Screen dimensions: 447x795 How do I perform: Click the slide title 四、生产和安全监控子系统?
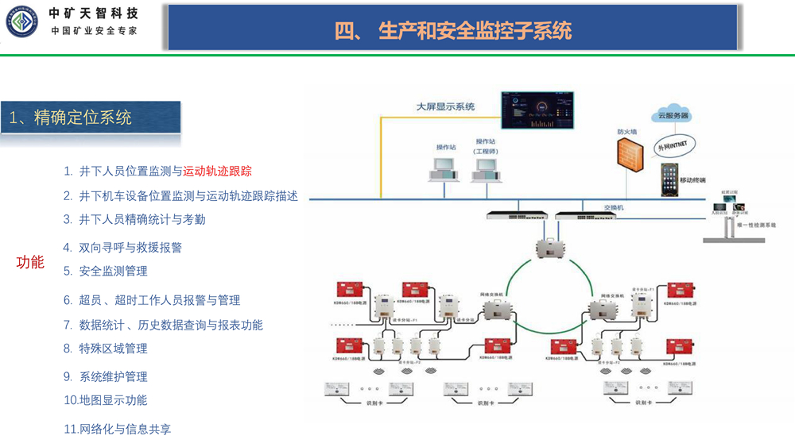[453, 30]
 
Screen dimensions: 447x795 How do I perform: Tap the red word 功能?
[30, 262]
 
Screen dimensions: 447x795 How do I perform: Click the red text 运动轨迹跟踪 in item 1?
[218, 171]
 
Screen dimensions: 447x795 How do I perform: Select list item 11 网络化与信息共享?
[117, 429]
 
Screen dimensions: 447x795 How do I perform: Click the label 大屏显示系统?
[446, 106]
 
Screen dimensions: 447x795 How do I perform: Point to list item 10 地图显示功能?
[105, 400]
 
